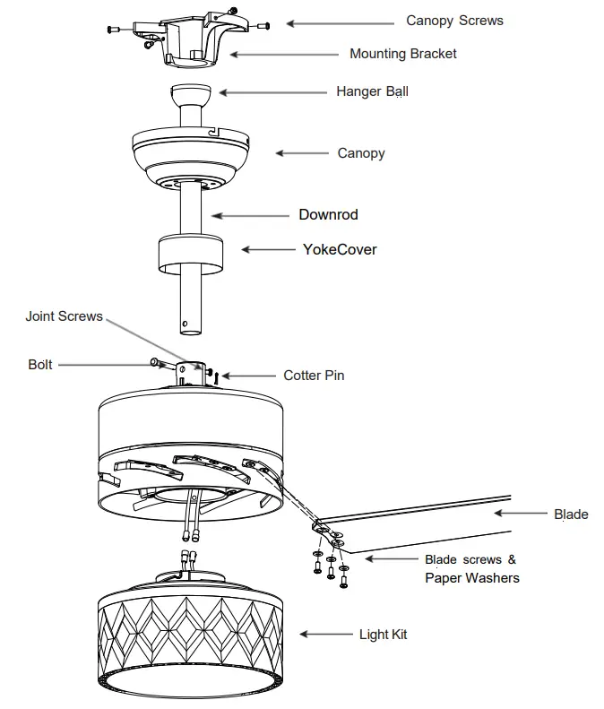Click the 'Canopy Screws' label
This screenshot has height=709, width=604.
coord(454,21)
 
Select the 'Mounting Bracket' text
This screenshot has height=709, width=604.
coord(402,54)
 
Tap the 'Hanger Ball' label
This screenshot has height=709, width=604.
coord(372,91)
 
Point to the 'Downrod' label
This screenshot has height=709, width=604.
coord(328,215)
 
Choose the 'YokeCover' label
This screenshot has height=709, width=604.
coord(340,249)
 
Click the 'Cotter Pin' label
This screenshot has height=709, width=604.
coord(314,376)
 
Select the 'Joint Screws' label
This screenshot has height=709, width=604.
coord(64,316)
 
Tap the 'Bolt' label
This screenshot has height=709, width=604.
coord(40,365)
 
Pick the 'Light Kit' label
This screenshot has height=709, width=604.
coord(383,635)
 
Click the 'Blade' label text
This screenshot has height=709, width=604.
coord(571,514)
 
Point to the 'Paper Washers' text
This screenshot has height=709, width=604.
coord(471,578)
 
